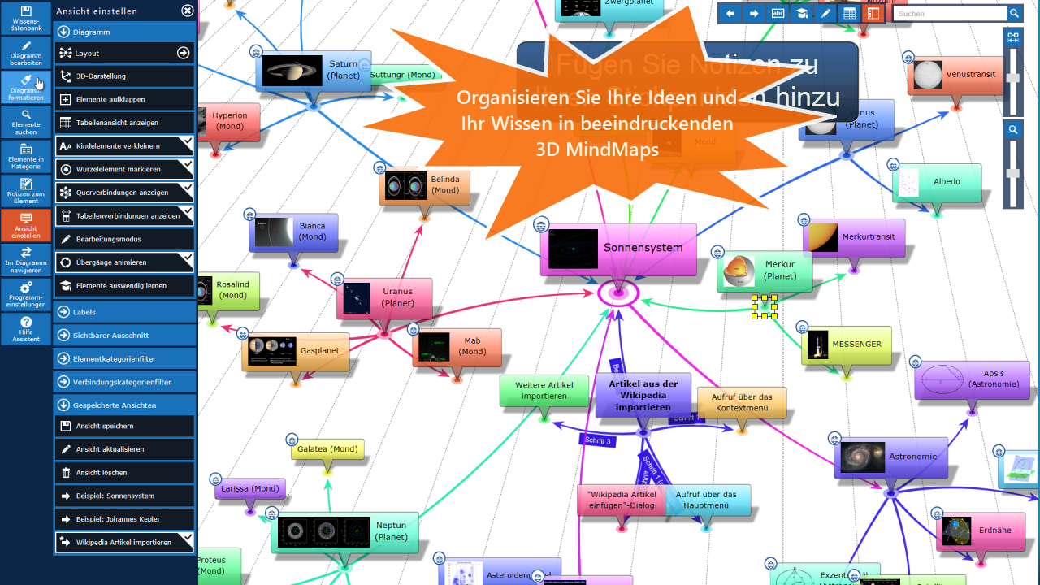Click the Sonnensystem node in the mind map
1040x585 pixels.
coord(619,249)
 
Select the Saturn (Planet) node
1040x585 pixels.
coord(314,71)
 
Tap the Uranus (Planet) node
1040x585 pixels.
coord(384,298)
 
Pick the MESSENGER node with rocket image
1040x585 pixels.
coord(846,345)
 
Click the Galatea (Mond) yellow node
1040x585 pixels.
coord(327,449)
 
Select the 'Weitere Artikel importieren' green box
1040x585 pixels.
coord(544,391)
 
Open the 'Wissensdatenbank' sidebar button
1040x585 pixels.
coord(26,19)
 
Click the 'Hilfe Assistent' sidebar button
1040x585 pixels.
coord(26,328)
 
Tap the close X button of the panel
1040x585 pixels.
coord(188,11)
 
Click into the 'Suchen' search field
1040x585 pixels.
coord(949,13)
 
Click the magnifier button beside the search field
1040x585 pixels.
coord(1015,13)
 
